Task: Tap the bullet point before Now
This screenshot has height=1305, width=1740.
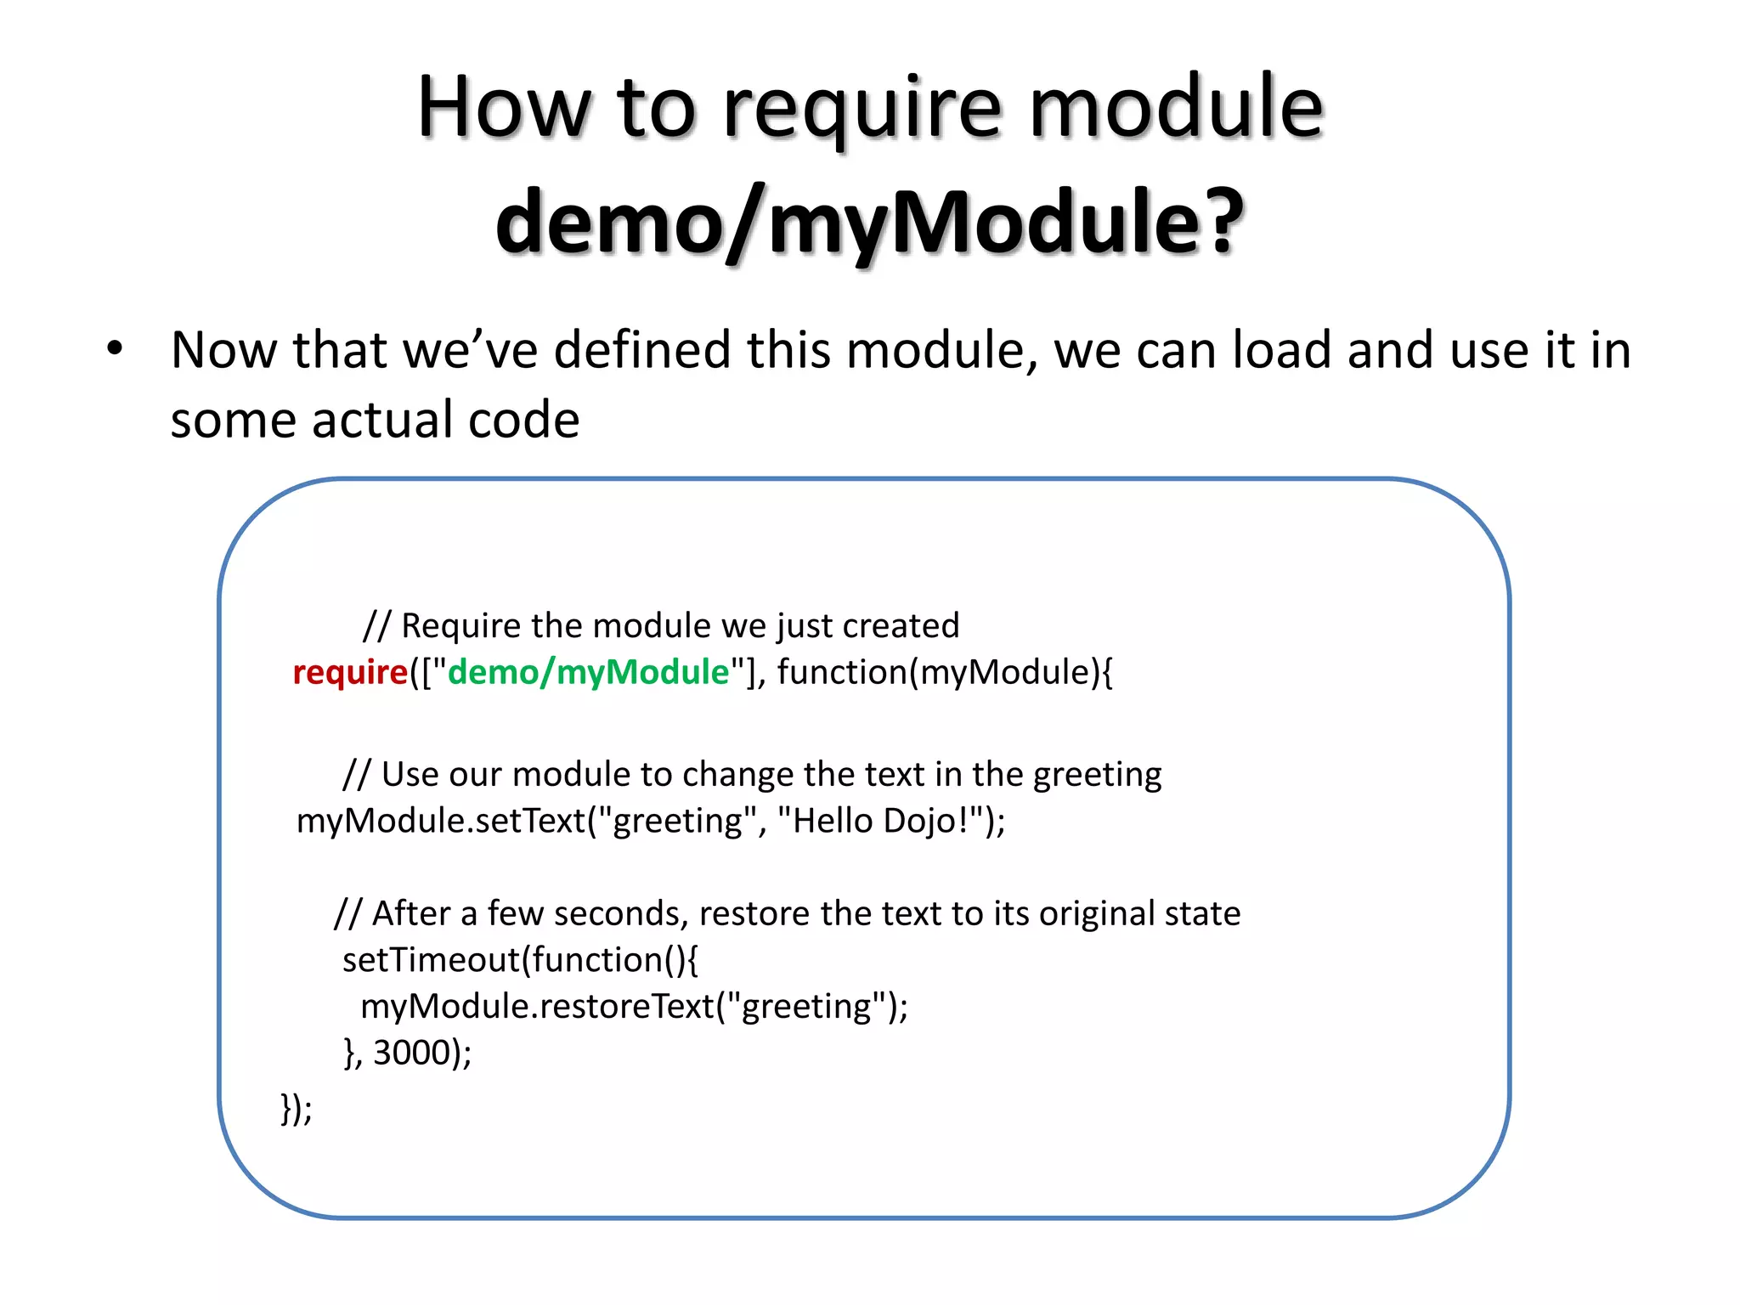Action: tap(115, 348)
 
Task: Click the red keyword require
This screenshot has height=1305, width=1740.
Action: tap(350, 672)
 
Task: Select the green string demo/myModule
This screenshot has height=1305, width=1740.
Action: tap(588, 672)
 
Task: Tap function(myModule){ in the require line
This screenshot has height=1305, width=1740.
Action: tap(944, 672)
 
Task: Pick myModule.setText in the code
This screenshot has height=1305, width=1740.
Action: tap(441, 821)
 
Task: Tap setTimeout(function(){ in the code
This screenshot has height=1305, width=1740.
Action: tap(520, 960)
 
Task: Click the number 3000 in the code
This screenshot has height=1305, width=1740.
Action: tap(411, 1053)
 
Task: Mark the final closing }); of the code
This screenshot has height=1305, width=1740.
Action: tap(297, 1108)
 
